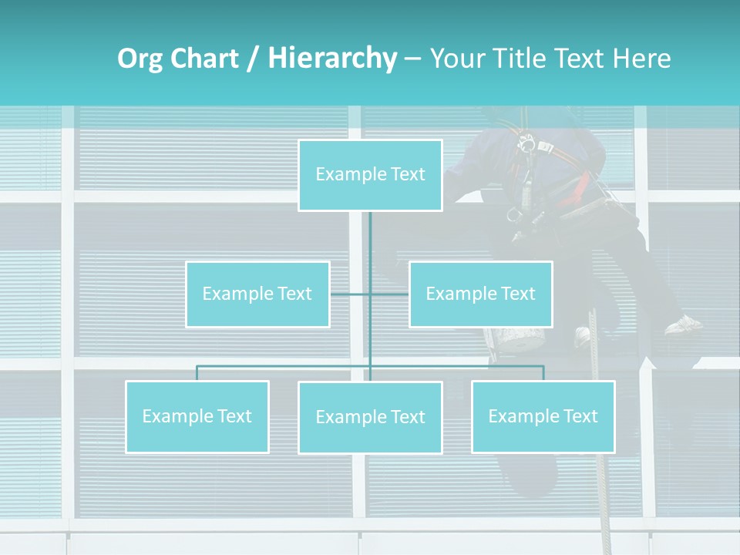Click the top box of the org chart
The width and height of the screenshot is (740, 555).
(x=370, y=175)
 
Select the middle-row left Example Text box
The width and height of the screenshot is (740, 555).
(x=257, y=294)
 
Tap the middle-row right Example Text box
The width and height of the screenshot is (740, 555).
(x=480, y=294)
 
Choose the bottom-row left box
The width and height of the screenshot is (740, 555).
(x=197, y=416)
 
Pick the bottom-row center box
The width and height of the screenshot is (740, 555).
(x=370, y=417)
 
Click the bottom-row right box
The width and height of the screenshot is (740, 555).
(x=543, y=416)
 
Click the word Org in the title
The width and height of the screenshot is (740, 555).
(x=140, y=59)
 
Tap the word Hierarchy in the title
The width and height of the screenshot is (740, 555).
(x=331, y=59)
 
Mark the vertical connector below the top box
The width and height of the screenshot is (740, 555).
(x=370, y=239)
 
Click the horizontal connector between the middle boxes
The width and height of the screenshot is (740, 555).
(x=351, y=294)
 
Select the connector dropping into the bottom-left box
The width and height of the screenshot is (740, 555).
(x=197, y=373)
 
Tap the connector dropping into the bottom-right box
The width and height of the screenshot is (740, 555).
(x=543, y=373)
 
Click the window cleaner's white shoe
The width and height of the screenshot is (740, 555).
(x=684, y=325)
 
